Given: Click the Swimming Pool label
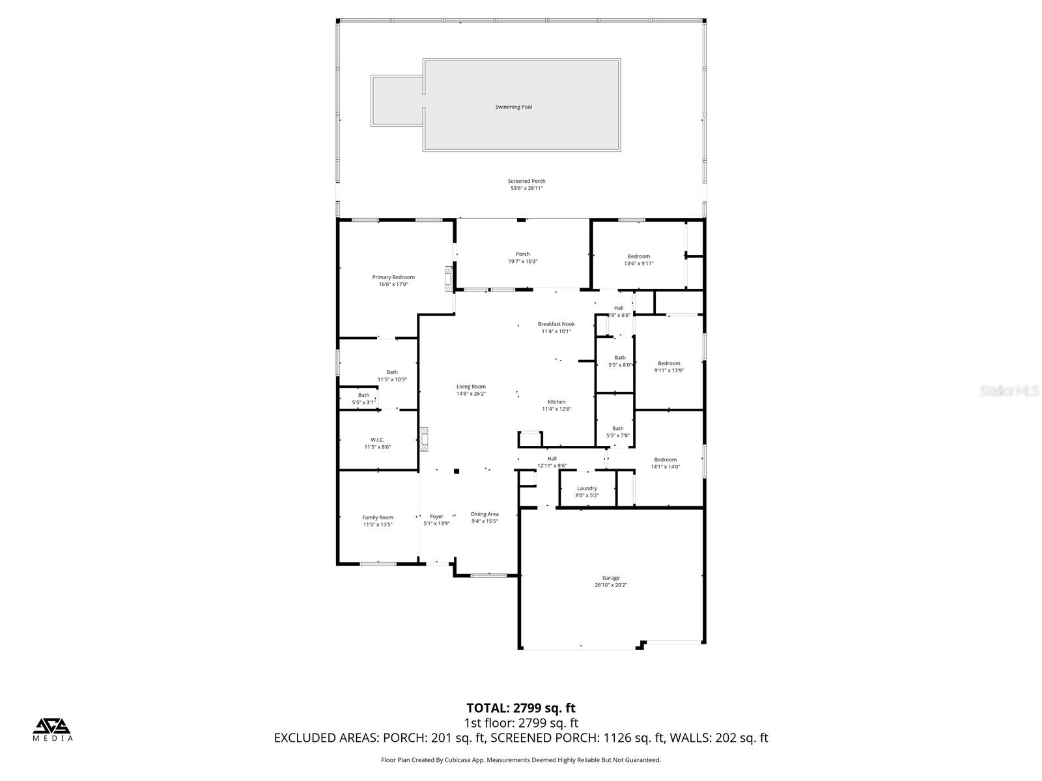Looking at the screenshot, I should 513,107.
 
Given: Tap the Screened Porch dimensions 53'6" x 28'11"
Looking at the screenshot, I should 526,189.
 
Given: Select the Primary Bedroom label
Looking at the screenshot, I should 393,277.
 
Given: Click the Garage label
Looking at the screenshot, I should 610,578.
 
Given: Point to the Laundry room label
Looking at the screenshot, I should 587,488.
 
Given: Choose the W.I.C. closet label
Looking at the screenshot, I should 377,440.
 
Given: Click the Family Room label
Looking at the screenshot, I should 378,517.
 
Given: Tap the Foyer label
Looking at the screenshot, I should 436,517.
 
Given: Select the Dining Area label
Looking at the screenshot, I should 485,514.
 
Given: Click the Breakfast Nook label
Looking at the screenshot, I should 556,324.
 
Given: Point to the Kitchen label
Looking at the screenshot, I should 556,402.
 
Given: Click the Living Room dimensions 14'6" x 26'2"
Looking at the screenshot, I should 471,394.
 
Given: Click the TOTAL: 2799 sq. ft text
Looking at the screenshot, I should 520,708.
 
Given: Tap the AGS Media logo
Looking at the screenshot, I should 53,730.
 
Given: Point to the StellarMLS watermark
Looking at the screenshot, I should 1009,391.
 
